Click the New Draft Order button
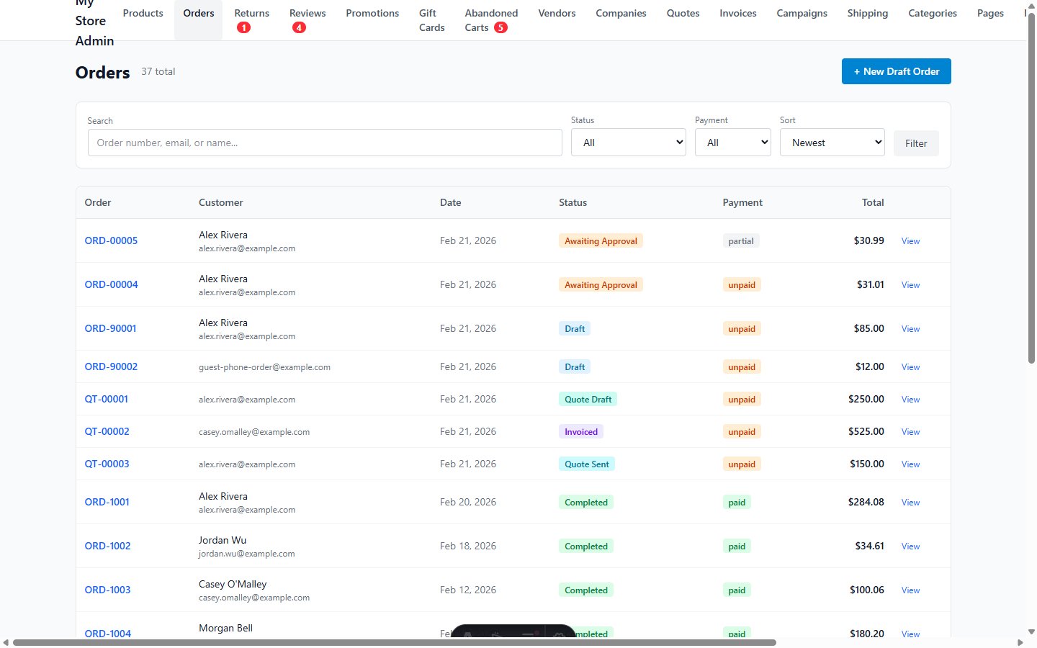[x=896, y=71]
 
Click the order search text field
[x=324, y=143]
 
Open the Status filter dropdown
[x=628, y=143]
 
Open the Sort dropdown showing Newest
[x=832, y=143]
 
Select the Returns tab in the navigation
[x=251, y=14]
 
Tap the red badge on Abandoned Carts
[x=500, y=27]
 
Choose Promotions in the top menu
[x=372, y=14]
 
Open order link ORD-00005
[x=111, y=240]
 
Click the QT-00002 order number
[x=107, y=431]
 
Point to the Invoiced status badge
[x=581, y=432]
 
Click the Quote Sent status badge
[x=586, y=464]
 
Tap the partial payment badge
[x=741, y=241]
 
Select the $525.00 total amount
[x=866, y=431]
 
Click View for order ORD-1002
[x=910, y=546]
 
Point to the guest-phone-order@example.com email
[x=264, y=367]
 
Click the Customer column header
[x=221, y=202]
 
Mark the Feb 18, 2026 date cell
[x=468, y=546]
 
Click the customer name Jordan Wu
[x=223, y=540]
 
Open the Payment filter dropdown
[x=732, y=143]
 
